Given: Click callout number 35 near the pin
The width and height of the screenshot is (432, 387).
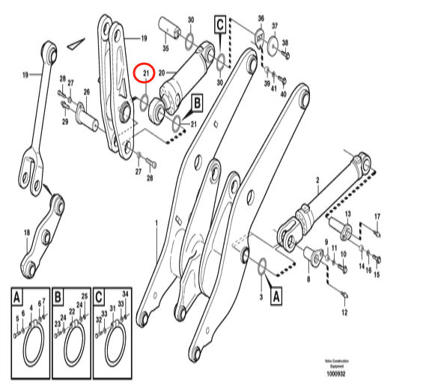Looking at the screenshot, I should (x=165, y=49).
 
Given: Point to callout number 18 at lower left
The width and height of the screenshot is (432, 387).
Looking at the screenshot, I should (x=28, y=233).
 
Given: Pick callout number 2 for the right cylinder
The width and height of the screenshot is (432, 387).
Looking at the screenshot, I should (x=317, y=180).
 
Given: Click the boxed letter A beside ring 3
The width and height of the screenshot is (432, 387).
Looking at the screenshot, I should (x=276, y=296).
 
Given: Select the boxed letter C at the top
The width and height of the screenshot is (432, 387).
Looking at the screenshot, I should (x=220, y=25).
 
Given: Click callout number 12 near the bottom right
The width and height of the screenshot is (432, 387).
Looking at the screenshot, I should (x=345, y=312).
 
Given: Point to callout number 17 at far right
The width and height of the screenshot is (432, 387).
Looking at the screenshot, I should (x=377, y=217).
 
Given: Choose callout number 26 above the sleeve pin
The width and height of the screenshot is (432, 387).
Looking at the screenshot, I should (x=86, y=93).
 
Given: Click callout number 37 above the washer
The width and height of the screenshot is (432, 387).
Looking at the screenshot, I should (x=273, y=26).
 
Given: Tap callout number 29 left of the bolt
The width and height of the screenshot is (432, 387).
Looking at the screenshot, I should (x=65, y=122).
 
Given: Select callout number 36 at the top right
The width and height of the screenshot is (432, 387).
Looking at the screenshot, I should (x=261, y=18).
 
